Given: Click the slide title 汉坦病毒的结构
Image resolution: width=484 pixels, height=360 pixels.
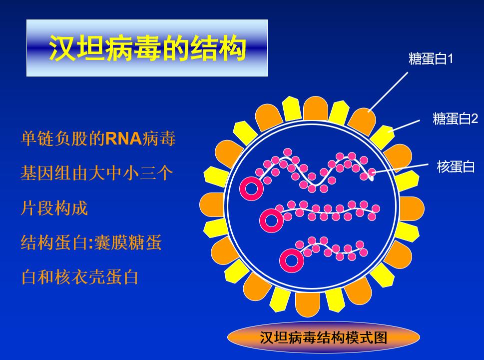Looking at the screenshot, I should pos(147,48).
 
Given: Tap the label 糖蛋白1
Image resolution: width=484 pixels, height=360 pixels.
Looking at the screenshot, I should pos(431,59).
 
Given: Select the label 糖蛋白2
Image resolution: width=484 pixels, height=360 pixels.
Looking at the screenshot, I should pos(455,118).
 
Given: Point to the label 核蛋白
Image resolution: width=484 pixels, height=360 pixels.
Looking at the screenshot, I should pos(456,166).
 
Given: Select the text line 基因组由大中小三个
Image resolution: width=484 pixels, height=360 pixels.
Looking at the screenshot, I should pos(96,173).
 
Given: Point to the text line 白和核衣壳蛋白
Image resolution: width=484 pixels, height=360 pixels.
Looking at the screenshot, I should pos(79,276).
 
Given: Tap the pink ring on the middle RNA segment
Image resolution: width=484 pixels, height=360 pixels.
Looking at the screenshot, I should pos(272,220).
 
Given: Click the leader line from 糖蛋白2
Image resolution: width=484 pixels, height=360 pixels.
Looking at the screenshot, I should pos(405,125).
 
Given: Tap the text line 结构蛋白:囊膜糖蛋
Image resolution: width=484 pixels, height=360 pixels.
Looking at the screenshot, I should pos(91,242).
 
